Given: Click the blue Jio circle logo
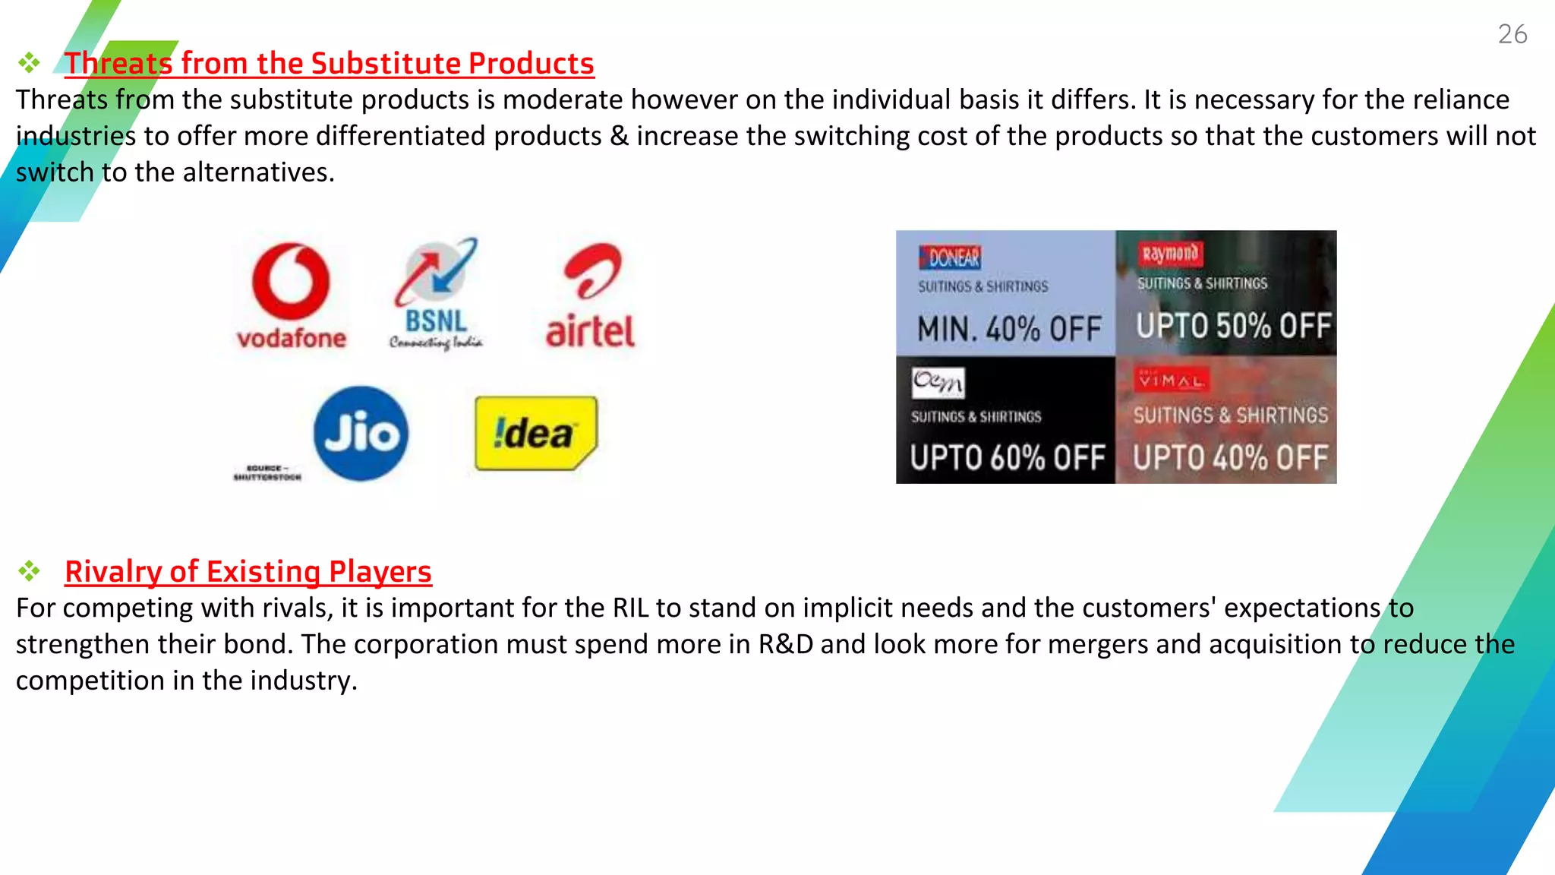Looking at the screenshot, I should click(x=361, y=434).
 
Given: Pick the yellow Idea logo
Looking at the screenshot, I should click(x=536, y=433).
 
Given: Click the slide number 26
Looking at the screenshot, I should click(x=1512, y=34).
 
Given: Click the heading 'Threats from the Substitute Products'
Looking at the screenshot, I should click(x=329, y=63).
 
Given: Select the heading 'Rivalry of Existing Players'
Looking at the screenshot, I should click(x=248, y=571).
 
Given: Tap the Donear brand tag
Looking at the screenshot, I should click(x=950, y=258).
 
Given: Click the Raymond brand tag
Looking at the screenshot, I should click(x=1169, y=254).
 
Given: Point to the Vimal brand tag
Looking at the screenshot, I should click(x=1169, y=381).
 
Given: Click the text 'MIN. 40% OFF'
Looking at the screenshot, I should click(x=1008, y=329).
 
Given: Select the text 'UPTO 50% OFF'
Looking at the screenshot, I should click(x=1233, y=326).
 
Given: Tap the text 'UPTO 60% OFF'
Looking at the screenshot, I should click(x=1007, y=457).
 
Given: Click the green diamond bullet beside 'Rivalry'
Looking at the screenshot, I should click(x=30, y=570).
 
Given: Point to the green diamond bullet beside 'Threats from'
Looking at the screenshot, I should click(x=30, y=62).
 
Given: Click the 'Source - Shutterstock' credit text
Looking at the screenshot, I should click(x=267, y=472).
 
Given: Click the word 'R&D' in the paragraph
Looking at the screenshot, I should click(x=785, y=644).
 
